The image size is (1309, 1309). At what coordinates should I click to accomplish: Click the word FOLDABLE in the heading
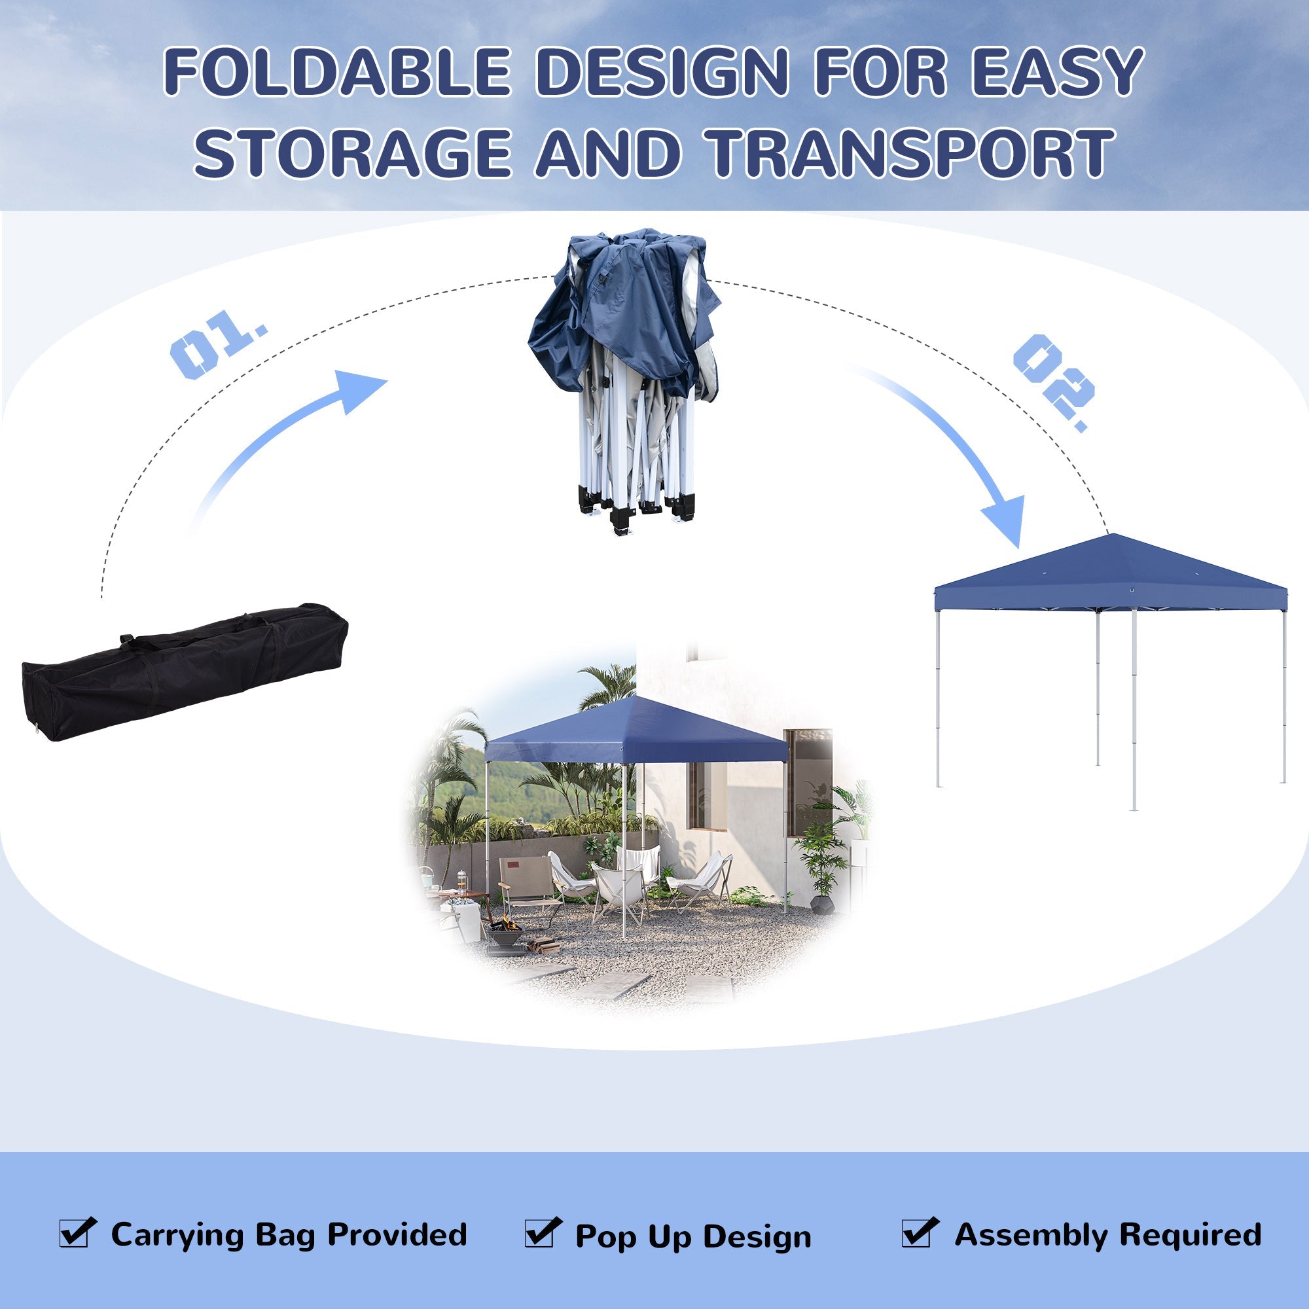tap(336, 71)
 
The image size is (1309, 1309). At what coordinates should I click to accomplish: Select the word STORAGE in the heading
tap(351, 154)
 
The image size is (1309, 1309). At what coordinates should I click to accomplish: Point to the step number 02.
tap(1054, 383)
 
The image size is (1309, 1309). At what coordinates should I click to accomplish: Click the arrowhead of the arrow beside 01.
tap(359, 389)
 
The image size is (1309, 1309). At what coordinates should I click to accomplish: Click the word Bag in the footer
tap(285, 1236)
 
